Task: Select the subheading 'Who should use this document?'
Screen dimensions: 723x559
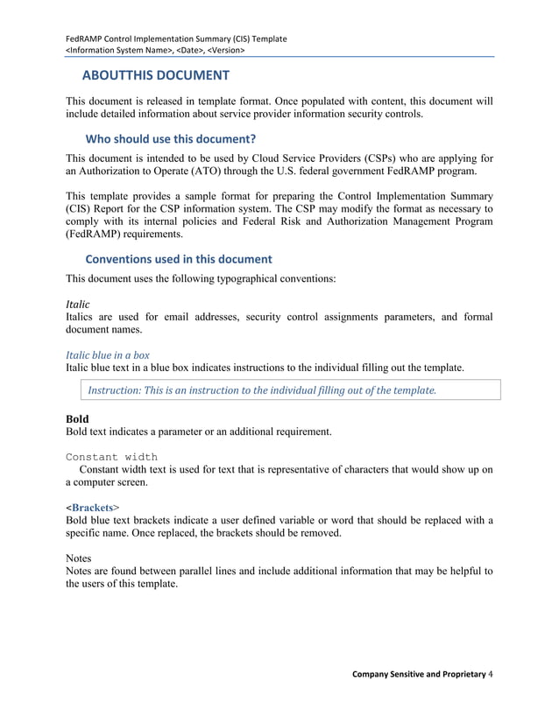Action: [170, 138]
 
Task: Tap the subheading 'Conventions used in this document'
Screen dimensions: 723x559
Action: [178, 259]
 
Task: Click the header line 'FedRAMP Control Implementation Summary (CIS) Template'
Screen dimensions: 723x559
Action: [176, 39]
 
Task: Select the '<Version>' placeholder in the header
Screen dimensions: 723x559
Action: [225, 51]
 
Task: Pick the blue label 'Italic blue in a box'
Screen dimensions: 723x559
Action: [107, 355]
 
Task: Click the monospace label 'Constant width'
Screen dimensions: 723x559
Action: [111, 456]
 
